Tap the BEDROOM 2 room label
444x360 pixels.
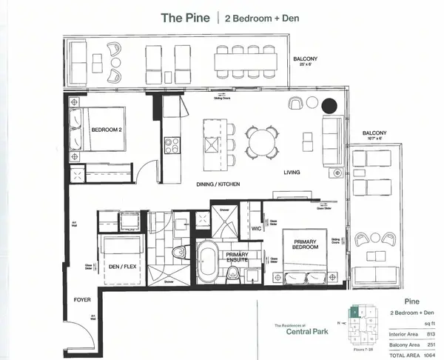tap(107, 130)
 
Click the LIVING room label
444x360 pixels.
tap(292, 173)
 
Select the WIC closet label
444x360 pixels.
tap(257, 228)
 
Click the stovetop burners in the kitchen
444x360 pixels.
tap(172, 145)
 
